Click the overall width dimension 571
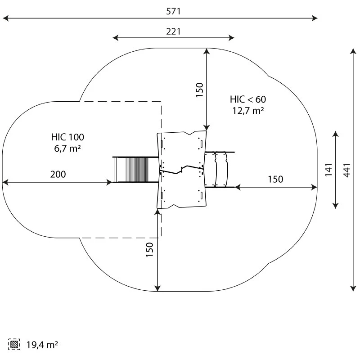(173, 11)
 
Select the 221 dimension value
(173, 31)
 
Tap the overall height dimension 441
(346, 170)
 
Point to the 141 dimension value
(329, 170)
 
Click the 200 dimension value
(58, 174)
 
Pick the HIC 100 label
(67, 137)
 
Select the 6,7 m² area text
(67, 148)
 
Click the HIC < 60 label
(248, 99)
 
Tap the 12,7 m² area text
(248, 111)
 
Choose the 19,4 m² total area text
(42, 345)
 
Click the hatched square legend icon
(14, 344)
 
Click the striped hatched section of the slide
(137, 170)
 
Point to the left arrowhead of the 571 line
(5, 18)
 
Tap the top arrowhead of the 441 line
(353, 51)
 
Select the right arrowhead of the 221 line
(231, 38)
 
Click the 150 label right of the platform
(275, 179)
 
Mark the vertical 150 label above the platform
(199, 90)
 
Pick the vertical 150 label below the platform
(150, 250)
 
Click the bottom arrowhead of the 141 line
(336, 206)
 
